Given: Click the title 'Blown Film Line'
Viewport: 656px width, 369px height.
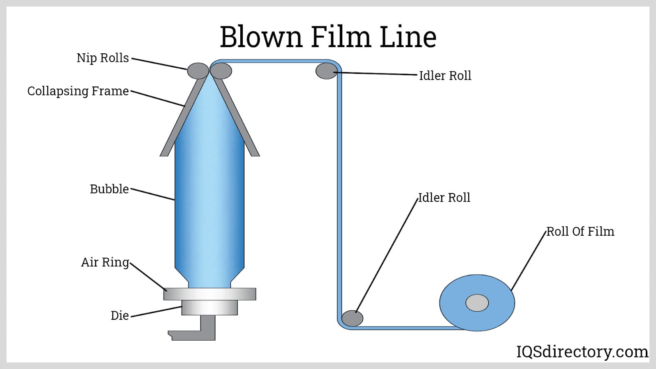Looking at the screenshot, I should [328, 37].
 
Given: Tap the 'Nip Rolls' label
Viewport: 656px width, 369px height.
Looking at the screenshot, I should [102, 58].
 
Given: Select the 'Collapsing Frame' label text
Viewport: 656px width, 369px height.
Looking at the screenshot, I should [78, 91].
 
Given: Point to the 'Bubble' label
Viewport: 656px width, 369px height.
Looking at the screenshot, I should [109, 189].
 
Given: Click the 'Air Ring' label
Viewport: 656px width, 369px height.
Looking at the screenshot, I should [105, 262].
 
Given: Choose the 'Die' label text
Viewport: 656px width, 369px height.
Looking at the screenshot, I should [119, 315].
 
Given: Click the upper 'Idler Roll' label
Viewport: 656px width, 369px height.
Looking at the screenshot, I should [445, 76].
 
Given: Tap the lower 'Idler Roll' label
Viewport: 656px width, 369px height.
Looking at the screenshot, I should [444, 198].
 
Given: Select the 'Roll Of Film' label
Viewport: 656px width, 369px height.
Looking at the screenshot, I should [580, 232].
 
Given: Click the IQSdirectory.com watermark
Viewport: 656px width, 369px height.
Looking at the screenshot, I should [582, 352].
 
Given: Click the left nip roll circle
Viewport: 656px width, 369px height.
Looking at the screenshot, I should [198, 71].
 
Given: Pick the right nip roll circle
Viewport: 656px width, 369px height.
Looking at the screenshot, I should [221, 71].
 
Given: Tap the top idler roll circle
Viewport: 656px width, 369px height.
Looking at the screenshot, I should [326, 71].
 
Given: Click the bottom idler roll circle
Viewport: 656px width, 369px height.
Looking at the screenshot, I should [352, 318].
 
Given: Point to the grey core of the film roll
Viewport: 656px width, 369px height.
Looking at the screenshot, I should [477, 303].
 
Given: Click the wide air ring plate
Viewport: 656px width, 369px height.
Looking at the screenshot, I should [210, 294].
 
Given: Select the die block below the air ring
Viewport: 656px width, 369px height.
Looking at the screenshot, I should [210, 307].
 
